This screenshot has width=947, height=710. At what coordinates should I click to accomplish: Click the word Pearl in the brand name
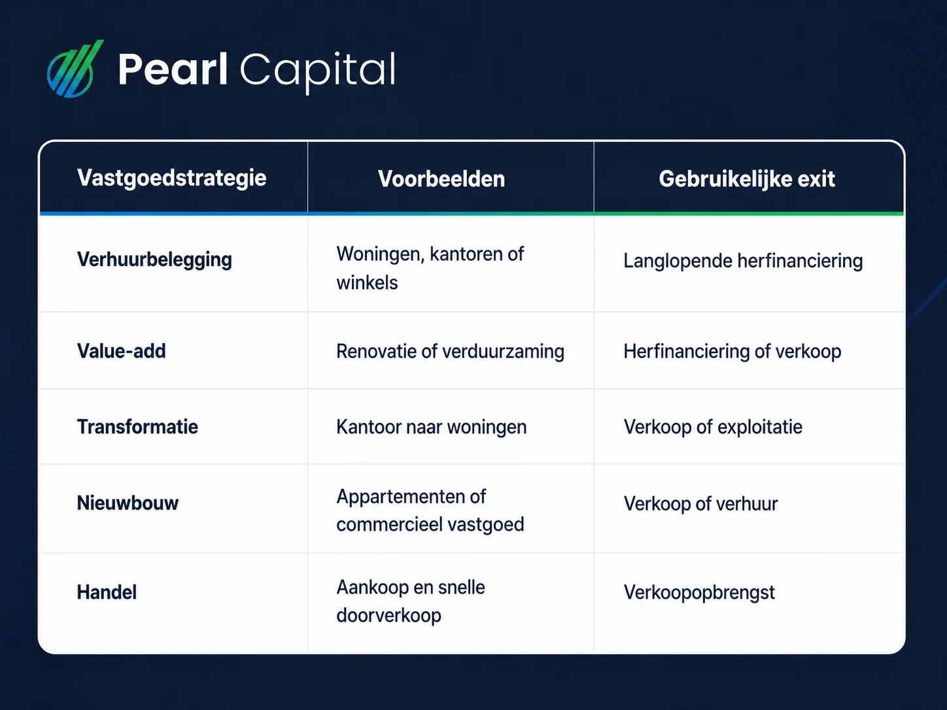point(173,69)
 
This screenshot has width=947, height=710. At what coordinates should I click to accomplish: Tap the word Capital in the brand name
point(318,71)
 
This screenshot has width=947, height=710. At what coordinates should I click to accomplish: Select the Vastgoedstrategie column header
point(172,178)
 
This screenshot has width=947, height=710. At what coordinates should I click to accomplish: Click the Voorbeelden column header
point(441,179)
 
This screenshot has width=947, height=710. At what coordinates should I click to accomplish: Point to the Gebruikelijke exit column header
point(747,179)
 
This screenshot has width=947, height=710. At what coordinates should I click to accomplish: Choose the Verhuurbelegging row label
point(154,260)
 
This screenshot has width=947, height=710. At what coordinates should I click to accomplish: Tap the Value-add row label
point(121,351)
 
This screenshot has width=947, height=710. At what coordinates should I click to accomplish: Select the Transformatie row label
point(137,427)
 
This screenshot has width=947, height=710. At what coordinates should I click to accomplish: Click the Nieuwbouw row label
point(128,503)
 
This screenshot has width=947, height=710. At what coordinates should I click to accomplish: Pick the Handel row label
point(107,592)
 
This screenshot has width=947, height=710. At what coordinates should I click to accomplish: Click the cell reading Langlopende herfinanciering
point(743,262)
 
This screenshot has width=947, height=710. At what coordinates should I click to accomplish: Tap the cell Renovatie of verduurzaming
point(450,352)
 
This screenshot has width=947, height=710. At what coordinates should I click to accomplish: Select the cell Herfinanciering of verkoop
point(732,352)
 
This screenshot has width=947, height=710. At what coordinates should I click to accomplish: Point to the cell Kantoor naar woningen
point(432,428)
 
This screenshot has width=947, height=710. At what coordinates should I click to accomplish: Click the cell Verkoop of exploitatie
point(713,428)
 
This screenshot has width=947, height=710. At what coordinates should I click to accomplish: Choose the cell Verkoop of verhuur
point(700,504)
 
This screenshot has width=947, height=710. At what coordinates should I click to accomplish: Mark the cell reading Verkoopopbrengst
point(699,593)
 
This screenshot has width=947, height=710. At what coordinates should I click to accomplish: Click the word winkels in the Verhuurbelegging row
point(367,283)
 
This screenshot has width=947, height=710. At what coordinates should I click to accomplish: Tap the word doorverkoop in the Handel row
point(388,616)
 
